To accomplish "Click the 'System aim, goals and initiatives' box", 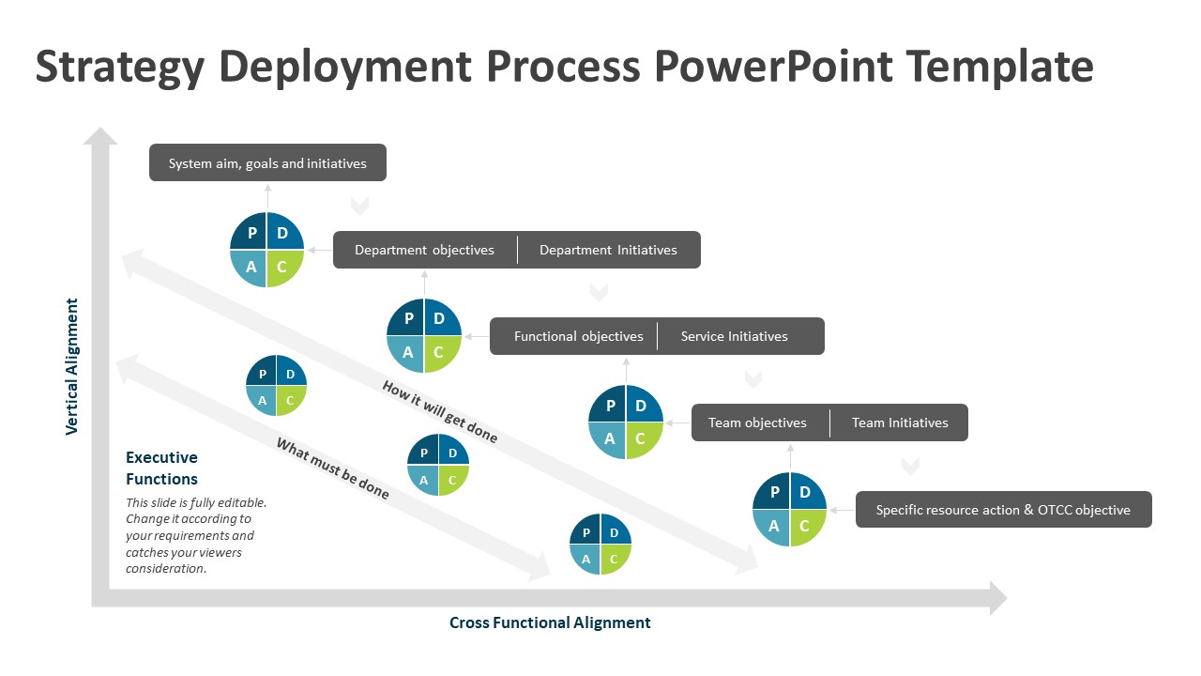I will click(267, 163).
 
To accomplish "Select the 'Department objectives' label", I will click(424, 250).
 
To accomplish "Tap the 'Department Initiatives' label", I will click(608, 250).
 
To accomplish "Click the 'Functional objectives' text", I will click(578, 336).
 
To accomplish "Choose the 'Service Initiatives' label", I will click(734, 336).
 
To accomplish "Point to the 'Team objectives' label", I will click(757, 422).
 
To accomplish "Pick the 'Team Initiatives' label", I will click(899, 422).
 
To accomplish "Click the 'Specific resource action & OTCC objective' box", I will click(1003, 510).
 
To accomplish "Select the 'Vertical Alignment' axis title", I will click(72, 366).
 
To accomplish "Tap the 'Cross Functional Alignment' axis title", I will click(550, 622).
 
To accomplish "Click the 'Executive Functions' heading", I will click(161, 468).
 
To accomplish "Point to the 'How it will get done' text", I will click(439, 411).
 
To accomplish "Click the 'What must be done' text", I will click(332, 468).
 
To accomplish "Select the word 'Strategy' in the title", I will click(119, 68).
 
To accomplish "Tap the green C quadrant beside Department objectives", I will click(283, 268).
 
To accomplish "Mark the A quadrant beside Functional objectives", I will click(407, 354).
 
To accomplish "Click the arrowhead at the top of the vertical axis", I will click(100, 137).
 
